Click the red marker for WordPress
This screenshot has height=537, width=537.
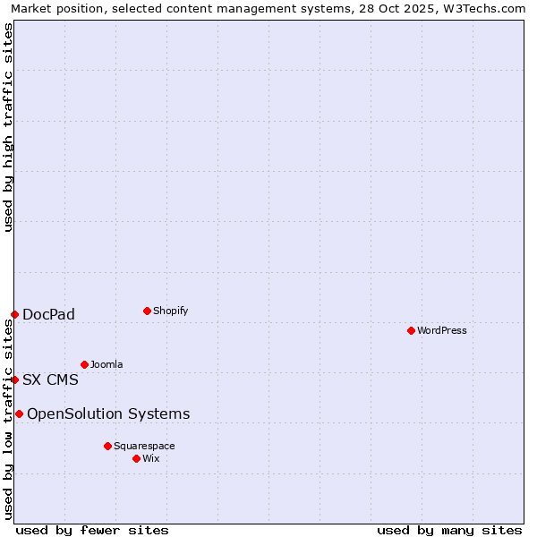pos(411,330)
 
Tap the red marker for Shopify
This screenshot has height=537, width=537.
pos(147,311)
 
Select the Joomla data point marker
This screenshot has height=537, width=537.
pos(84,364)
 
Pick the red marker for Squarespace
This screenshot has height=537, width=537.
pos(107,446)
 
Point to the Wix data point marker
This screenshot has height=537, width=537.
pos(136,458)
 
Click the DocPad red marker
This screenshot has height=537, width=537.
pos(14,314)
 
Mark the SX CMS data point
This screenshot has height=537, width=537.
pos(14,379)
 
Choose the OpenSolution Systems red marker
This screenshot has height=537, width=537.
pos(19,413)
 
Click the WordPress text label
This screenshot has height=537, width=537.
pos(442,330)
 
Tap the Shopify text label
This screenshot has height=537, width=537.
pos(170,311)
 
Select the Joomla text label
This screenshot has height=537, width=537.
pos(107,364)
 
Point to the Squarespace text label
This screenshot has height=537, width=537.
pos(144,446)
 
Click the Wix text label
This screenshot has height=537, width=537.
pos(151,458)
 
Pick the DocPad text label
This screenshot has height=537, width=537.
pos(48,314)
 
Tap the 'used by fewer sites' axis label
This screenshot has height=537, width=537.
pos(92,530)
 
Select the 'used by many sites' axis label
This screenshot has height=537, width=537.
pos(449,530)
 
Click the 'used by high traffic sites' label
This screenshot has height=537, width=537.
pos(8,127)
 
